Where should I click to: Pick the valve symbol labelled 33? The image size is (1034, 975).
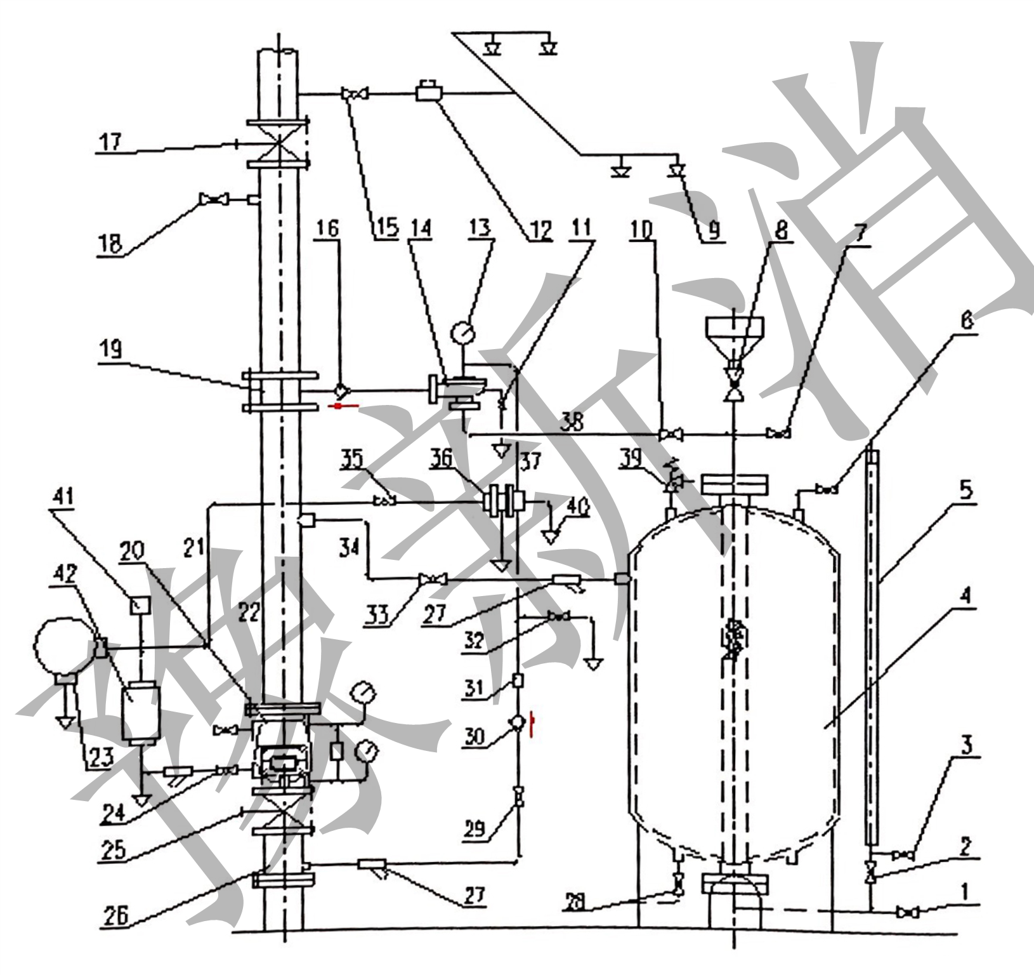pyautogui.click(x=432, y=579)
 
